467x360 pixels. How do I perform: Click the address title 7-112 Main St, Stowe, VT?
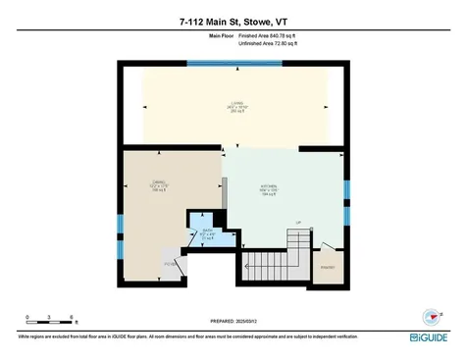pyautogui.click(x=233, y=21)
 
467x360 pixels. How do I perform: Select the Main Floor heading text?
pyautogui.click(x=223, y=35)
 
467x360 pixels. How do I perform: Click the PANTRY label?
pyautogui.click(x=328, y=264)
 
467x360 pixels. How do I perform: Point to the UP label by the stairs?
pyautogui.click(x=298, y=224)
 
